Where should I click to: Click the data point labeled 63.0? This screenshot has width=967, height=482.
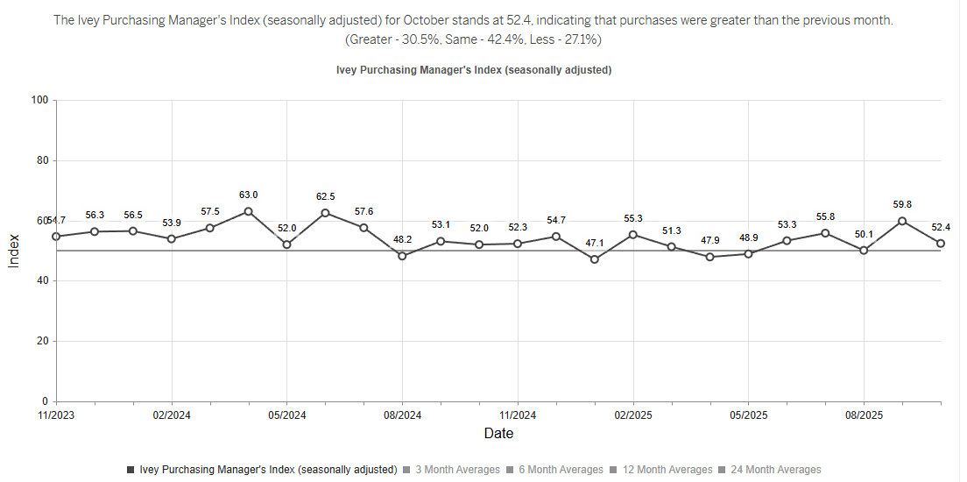click(248, 211)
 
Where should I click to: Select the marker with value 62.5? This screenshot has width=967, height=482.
click(325, 213)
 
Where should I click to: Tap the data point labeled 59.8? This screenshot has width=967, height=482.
click(902, 221)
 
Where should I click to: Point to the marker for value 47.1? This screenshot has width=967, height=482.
click(595, 259)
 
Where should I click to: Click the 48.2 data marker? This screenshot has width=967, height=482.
click(402, 256)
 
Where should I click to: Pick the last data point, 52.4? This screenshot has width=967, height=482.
click(941, 244)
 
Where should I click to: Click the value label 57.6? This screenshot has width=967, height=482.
click(364, 211)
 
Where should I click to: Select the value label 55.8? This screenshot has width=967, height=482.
click(825, 216)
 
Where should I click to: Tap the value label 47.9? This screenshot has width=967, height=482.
click(709, 240)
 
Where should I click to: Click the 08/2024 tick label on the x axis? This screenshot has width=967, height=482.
click(402, 415)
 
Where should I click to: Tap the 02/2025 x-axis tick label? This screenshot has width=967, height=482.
click(632, 415)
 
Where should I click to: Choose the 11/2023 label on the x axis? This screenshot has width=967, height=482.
click(56, 415)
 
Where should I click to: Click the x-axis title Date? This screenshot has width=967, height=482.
click(498, 433)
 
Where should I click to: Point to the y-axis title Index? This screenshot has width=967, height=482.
click(14, 251)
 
